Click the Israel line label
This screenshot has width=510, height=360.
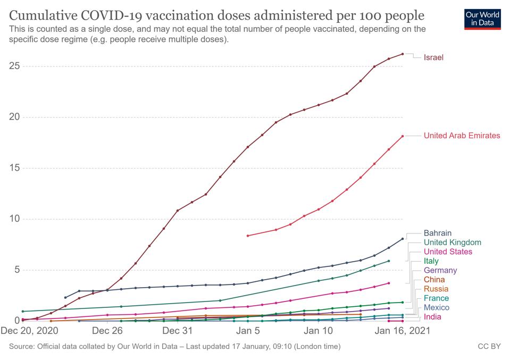(x=433, y=57)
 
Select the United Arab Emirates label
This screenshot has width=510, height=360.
(x=462, y=136)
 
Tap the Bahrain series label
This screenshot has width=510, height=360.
(x=437, y=233)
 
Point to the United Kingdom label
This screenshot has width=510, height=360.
(x=452, y=242)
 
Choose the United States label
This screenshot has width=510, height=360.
(x=447, y=252)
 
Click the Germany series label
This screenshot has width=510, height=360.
(x=440, y=270)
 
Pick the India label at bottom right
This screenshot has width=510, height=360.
(x=433, y=317)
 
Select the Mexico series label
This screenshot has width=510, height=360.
(x=436, y=307)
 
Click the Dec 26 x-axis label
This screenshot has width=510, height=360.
(x=107, y=331)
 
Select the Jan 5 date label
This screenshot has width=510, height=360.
(x=248, y=331)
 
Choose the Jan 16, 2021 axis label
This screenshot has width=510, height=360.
(x=403, y=331)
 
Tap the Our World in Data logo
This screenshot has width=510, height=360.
(x=482, y=18)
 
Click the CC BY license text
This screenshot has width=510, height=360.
(x=489, y=347)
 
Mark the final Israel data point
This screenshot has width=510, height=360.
(x=403, y=54)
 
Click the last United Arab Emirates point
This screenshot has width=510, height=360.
(x=403, y=136)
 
